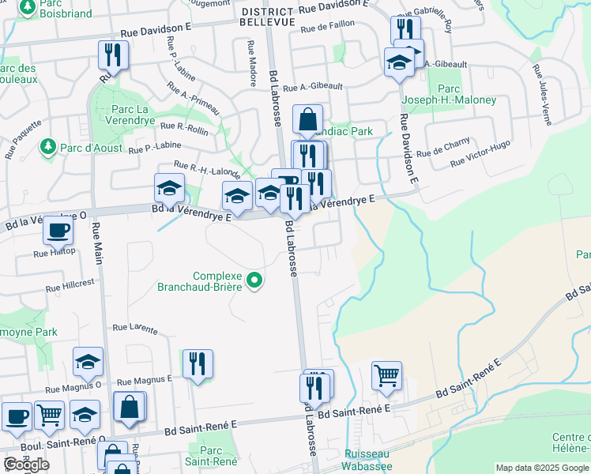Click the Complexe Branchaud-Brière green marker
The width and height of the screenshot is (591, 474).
(254, 280)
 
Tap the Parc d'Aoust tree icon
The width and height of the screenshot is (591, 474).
(48, 147)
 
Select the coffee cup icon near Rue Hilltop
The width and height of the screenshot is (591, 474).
(58, 230)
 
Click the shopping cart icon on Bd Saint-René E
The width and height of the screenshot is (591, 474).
(386, 375)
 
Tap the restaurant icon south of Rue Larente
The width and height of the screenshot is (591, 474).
(197, 363)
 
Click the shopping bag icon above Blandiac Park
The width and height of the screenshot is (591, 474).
(307, 119)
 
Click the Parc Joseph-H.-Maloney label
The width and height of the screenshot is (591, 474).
(449, 95)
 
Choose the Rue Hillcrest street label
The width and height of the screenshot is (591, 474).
(70, 284)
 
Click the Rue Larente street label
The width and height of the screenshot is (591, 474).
(133, 327)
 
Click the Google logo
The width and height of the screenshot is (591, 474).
(26, 465)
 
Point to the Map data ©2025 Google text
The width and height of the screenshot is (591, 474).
(542, 468)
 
